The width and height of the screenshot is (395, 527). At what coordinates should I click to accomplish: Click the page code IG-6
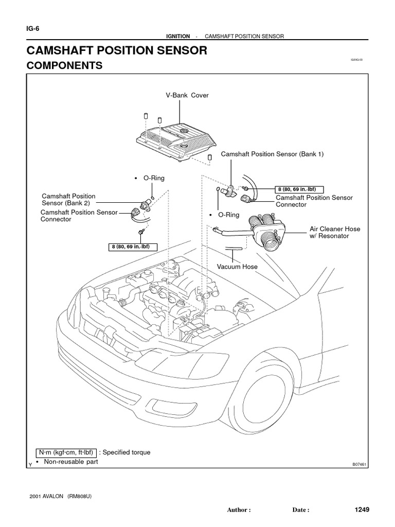(x=32, y=29)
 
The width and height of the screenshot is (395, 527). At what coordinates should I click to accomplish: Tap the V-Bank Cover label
(x=187, y=96)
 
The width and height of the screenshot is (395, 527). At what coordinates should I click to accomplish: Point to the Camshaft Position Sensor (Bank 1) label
(x=272, y=154)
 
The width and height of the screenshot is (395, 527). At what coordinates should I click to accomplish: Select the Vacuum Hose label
(x=237, y=267)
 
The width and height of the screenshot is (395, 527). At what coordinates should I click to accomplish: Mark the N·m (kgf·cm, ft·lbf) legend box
(x=65, y=452)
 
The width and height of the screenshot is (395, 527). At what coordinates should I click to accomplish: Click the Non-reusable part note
(x=70, y=462)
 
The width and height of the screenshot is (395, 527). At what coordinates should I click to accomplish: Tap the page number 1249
(x=362, y=510)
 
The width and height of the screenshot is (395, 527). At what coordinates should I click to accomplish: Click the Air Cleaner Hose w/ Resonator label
(x=334, y=232)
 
